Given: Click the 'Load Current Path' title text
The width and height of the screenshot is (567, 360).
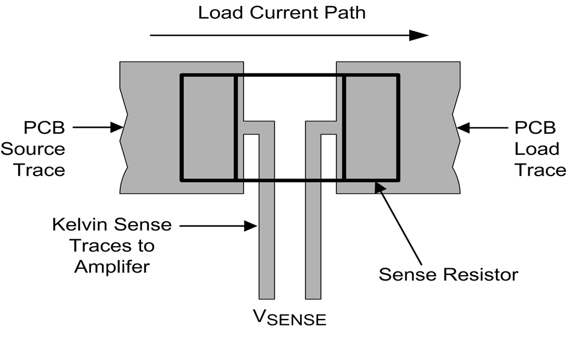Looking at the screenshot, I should click(282, 12).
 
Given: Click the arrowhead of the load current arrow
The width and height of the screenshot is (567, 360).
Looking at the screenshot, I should click(419, 35).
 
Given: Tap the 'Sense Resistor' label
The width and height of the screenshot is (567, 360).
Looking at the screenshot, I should click(448, 274).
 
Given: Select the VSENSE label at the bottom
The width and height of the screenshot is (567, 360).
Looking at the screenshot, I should click(287, 316).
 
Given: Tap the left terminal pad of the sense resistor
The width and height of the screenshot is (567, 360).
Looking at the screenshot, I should click(208, 127).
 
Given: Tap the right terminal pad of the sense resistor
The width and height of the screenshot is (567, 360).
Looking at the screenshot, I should click(371, 127).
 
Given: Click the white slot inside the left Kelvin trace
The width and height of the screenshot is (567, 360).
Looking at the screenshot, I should click(251, 157).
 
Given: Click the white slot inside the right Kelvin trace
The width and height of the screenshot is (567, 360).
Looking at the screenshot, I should click(328, 157).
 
